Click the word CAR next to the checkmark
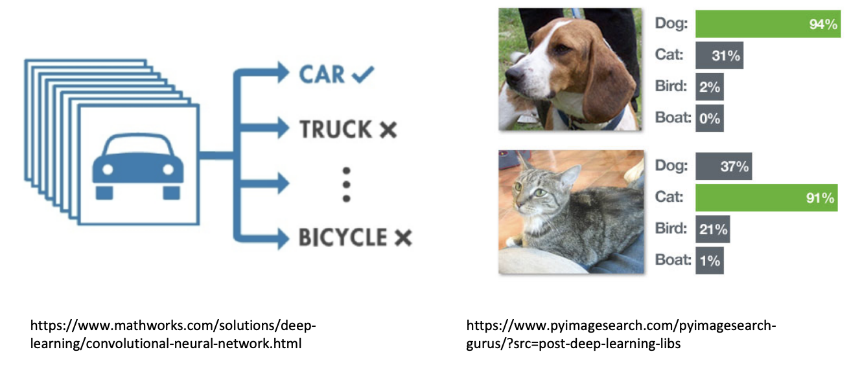321,74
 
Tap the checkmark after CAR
363,75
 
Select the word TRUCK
335,129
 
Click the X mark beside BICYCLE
402,238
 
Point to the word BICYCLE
342,238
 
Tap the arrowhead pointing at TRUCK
281,128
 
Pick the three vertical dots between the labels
346,184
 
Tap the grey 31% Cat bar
719,56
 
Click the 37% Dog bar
723,166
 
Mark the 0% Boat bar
709,118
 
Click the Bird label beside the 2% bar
671,87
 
